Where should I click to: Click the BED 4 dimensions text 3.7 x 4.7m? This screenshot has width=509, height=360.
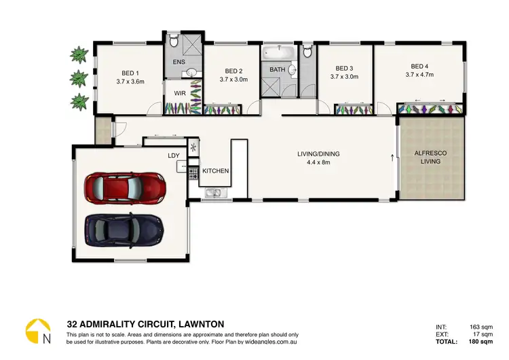(419, 75)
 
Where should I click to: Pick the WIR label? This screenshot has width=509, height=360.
(180, 93)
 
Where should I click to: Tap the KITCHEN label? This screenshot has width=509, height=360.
(215, 170)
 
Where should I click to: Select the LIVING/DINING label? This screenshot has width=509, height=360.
(318, 154)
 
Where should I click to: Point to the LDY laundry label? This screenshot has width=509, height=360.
(174, 156)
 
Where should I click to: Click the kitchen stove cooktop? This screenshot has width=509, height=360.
(193, 173)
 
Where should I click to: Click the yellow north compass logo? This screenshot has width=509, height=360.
(38, 330)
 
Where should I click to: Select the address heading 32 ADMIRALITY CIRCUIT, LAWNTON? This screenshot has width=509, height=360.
(145, 324)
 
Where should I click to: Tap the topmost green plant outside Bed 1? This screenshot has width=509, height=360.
(80, 53)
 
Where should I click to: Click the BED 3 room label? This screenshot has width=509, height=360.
(345, 68)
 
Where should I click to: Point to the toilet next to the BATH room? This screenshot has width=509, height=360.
(307, 50)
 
